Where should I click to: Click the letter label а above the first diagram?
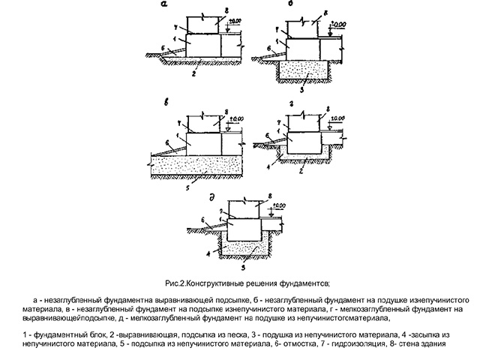[164, 4]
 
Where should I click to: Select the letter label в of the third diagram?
[166, 103]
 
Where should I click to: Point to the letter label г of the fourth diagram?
[292, 104]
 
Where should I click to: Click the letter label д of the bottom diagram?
[211, 198]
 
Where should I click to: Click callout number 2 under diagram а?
[193, 73]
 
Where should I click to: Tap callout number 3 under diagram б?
[301, 90]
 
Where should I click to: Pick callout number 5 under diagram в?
[188, 187]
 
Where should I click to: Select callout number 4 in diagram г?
[268, 167]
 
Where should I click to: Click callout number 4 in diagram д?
[208, 253]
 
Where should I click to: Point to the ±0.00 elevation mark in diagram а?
[235, 21]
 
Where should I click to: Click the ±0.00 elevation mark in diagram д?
[279, 205]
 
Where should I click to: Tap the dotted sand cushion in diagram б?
[304, 70]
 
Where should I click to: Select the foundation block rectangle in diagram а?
[203, 45]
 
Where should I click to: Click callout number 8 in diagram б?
[325, 13]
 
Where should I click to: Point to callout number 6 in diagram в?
[167, 142]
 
